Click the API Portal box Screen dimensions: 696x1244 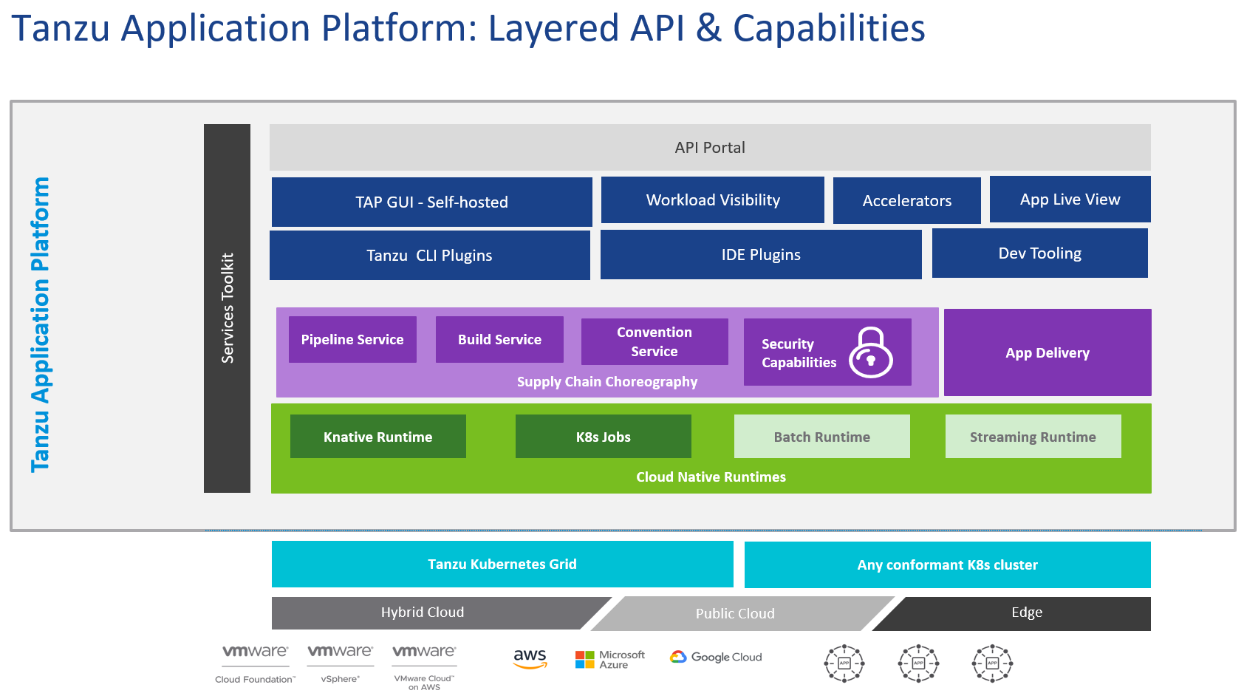click(x=709, y=147)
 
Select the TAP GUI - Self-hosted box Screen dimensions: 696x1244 click(x=431, y=202)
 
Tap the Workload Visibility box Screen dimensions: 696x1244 click(x=712, y=199)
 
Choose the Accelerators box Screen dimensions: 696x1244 click(x=906, y=200)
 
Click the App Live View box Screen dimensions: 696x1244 click(x=1070, y=199)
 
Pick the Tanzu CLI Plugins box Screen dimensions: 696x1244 click(x=429, y=255)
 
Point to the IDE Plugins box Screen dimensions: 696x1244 click(x=760, y=254)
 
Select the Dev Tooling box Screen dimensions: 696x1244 click(x=1039, y=253)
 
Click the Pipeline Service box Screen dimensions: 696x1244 click(x=352, y=339)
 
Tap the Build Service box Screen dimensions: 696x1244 click(x=499, y=339)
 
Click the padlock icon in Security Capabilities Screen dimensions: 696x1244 click(x=870, y=352)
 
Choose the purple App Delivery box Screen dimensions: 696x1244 click(x=1047, y=352)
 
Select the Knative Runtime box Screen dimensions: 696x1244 click(x=377, y=436)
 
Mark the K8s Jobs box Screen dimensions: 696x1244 click(x=603, y=436)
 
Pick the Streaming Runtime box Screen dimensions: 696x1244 click(x=1032, y=436)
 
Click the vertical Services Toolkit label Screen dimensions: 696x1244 click(x=227, y=308)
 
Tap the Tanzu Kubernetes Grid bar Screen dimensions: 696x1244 click(x=502, y=564)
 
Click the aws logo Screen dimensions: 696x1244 click(x=530, y=658)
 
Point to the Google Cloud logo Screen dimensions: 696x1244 click(x=716, y=657)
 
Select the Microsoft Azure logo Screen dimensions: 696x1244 click(x=609, y=659)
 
